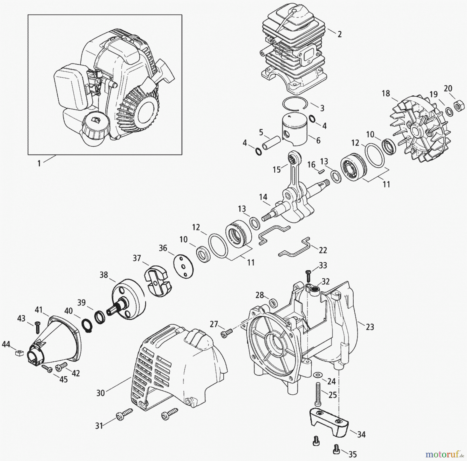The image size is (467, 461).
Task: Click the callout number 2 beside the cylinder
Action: tap(340, 34)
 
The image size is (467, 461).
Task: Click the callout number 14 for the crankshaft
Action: tap(263, 197)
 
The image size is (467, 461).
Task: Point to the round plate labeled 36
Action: tap(183, 267)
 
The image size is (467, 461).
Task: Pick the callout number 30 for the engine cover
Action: tap(100, 393)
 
